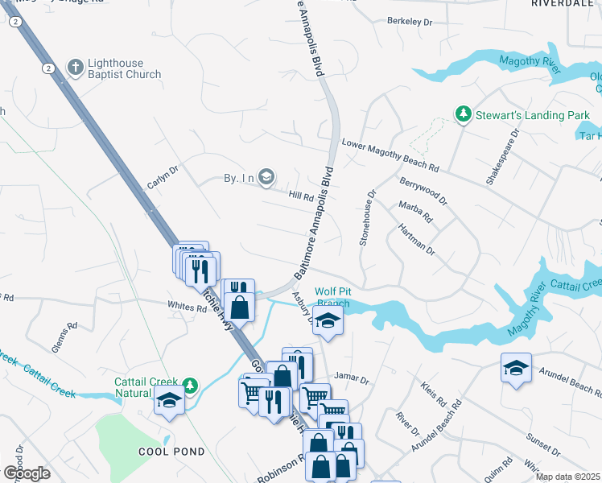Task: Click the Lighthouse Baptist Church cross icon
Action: [x=75, y=67]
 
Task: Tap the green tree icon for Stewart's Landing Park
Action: [x=463, y=115]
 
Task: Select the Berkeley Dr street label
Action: [x=415, y=21]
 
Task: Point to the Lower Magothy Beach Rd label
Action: [x=390, y=157]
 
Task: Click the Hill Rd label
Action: [x=301, y=195]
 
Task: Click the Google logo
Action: [x=27, y=473]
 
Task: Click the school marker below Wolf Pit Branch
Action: [x=328, y=321]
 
